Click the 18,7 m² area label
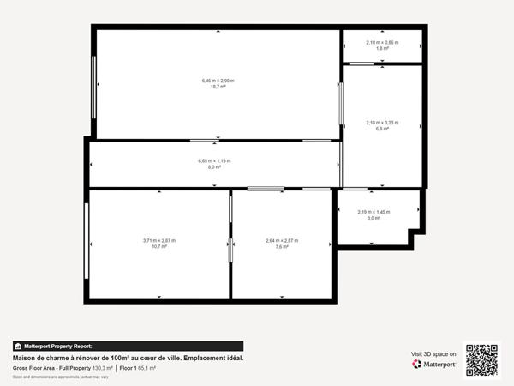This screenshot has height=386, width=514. [x=218, y=87]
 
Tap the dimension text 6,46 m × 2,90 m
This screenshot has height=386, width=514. [x=218, y=81]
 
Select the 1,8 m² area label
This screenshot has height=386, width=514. [x=382, y=49]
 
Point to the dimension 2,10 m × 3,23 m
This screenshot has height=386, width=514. [x=382, y=123]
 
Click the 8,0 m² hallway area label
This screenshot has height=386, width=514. [x=214, y=167]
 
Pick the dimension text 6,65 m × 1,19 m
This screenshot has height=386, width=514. [x=214, y=160]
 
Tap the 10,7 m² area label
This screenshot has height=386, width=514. [x=158, y=247]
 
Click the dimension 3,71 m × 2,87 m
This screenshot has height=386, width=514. [x=158, y=240]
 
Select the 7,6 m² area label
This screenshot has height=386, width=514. [x=282, y=247]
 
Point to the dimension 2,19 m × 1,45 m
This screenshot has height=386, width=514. [x=374, y=212]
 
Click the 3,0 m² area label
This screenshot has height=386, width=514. [x=374, y=219]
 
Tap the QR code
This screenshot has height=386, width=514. [x=481, y=360]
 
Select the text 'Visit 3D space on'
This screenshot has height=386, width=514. [x=433, y=353]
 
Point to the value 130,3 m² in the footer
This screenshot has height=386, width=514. [x=102, y=367]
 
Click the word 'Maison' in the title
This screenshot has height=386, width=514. [x=24, y=357]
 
